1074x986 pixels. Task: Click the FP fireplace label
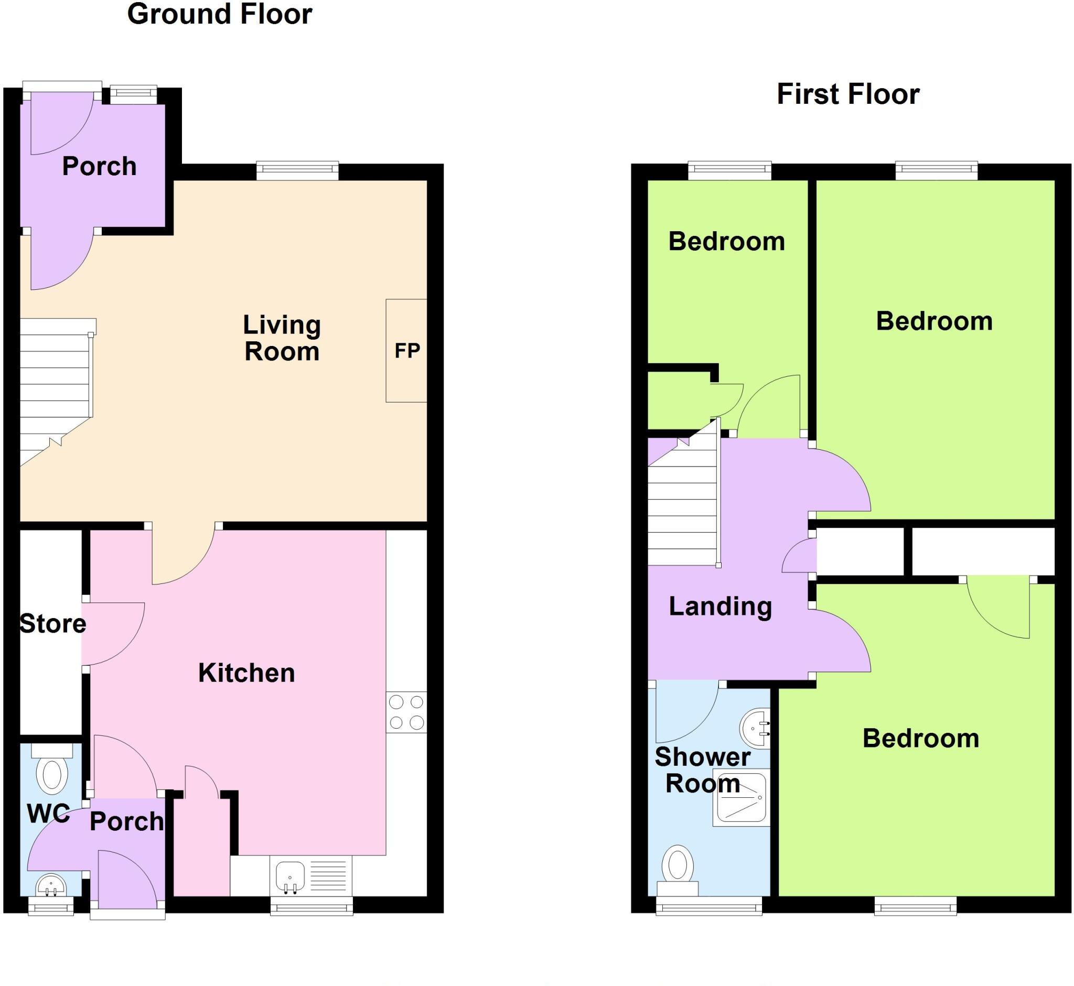[407, 351]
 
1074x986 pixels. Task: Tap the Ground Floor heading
[219, 14]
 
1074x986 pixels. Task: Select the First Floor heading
[847, 94]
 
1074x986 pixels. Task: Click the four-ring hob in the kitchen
[406, 712]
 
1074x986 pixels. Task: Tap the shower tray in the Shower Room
[740, 797]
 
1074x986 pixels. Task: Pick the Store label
[52, 623]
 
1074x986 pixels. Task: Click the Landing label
[720, 606]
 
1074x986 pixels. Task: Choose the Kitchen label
[246, 673]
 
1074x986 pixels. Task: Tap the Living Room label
[282, 338]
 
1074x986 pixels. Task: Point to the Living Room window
[297, 171]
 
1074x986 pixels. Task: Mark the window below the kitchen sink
[311, 906]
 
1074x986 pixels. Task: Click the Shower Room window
[708, 906]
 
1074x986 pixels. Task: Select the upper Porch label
[99, 166]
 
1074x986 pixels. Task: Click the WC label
[48, 814]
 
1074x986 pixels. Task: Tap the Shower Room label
[703, 770]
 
